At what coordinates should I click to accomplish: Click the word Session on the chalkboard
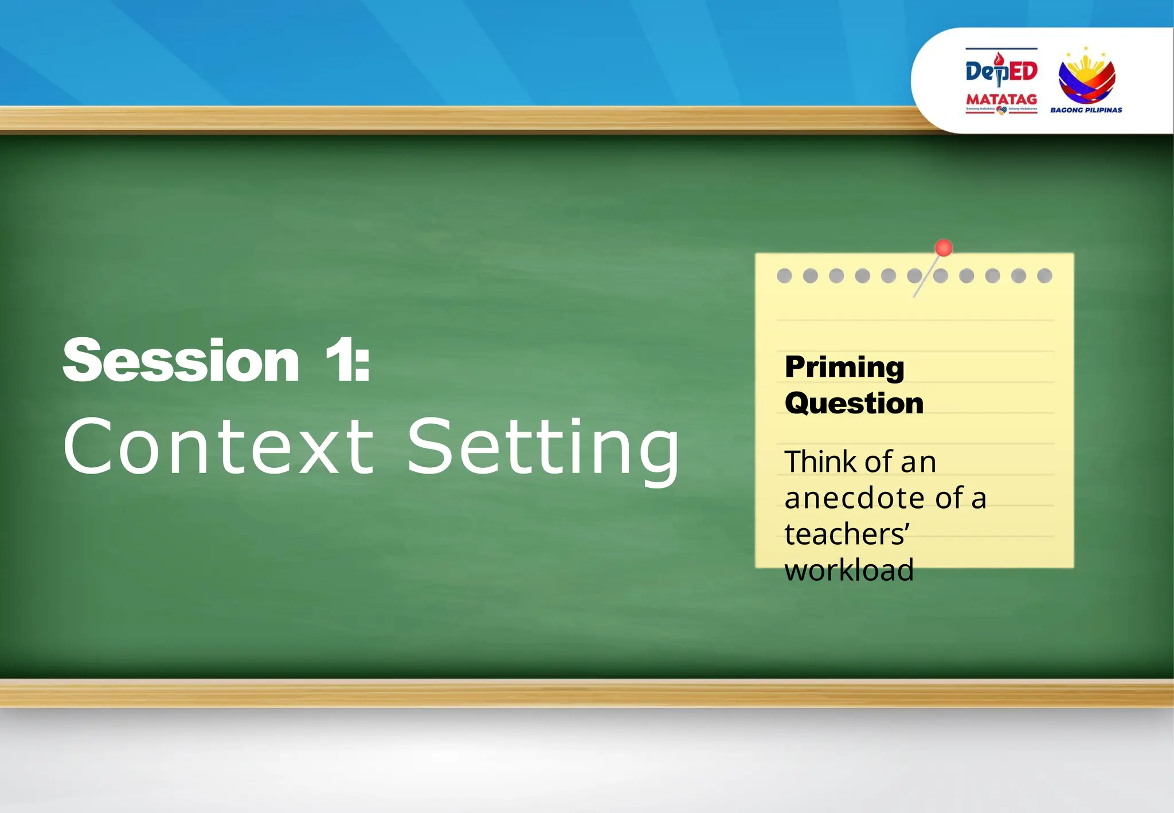coord(181,361)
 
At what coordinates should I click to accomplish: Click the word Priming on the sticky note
coord(844,368)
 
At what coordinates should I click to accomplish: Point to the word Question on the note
coord(854,403)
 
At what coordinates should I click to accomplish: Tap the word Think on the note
coord(820,462)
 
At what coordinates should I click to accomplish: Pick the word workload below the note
coord(849,570)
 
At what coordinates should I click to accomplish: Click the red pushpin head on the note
coord(943,248)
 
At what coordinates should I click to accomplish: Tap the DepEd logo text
coord(1001,71)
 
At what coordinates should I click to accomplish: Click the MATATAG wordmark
coord(1001,99)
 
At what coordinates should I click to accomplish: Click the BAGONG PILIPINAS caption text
coord(1086,110)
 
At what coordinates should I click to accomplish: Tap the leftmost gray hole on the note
coord(784,276)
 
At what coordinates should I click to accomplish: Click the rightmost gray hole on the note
coord(1044,276)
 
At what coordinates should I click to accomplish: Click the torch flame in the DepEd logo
coord(999,58)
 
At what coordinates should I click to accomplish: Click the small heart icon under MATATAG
coord(1001,110)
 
